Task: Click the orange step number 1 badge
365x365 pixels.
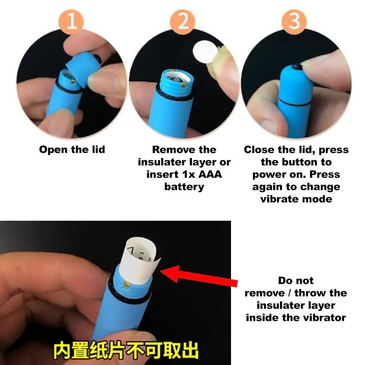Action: (x=71, y=20)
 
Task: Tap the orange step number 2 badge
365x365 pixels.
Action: (x=183, y=20)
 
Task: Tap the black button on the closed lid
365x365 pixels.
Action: (x=296, y=67)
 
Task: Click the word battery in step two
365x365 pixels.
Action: (x=184, y=187)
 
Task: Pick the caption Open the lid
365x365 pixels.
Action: (x=72, y=150)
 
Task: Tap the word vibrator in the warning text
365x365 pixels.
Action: (x=325, y=318)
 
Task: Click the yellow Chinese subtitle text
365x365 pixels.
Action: (x=126, y=351)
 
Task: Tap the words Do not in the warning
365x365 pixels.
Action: (x=296, y=281)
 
